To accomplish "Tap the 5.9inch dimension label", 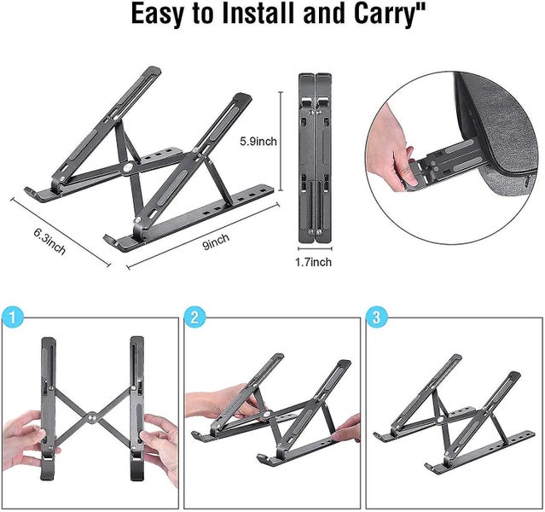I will [258, 141].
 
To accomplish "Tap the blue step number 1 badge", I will [9, 317].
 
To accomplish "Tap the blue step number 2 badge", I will [194, 317].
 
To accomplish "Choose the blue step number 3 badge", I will [375, 317].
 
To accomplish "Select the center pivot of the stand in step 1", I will [90, 419].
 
